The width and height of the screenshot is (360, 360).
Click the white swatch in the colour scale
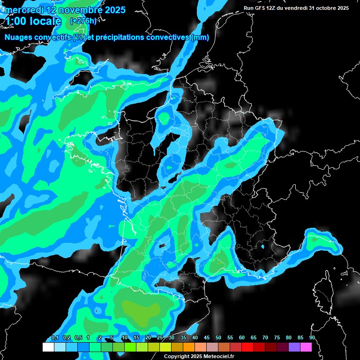[48, 347]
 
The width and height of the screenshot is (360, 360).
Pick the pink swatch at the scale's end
[306, 347]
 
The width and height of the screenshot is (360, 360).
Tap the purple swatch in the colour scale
[294, 347]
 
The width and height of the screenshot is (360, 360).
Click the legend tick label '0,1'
[54, 338]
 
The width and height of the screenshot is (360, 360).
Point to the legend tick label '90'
[312, 338]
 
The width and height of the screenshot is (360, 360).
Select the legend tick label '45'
[207, 338]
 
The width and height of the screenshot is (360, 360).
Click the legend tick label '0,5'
[78, 338]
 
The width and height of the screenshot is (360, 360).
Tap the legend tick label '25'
[160, 338]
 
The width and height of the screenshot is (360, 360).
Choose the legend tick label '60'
[242, 338]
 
